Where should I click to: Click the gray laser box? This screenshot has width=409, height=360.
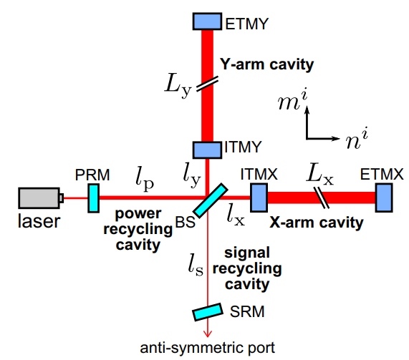[x=39, y=198]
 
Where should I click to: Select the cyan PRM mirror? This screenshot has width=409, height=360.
[x=93, y=198]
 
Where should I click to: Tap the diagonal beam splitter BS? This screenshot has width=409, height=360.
[x=211, y=200]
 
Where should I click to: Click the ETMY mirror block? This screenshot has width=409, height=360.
[x=208, y=21]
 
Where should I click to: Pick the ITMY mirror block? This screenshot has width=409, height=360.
[x=208, y=150]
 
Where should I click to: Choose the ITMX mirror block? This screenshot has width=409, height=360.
[x=259, y=198]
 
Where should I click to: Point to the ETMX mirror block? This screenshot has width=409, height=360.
[x=384, y=198]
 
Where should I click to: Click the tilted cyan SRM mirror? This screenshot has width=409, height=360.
[x=208, y=312]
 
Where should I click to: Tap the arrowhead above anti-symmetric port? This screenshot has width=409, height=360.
[x=208, y=334]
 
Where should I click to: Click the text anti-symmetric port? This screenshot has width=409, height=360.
[x=208, y=348]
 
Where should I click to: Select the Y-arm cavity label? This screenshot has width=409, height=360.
[x=266, y=64]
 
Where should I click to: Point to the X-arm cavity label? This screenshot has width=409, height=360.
[x=316, y=223]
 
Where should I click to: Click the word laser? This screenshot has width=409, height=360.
[x=39, y=221]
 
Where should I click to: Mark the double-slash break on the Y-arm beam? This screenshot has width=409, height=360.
[x=208, y=84]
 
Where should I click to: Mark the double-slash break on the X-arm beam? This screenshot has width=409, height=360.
[x=322, y=198]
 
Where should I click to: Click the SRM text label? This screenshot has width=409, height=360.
[x=247, y=311]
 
